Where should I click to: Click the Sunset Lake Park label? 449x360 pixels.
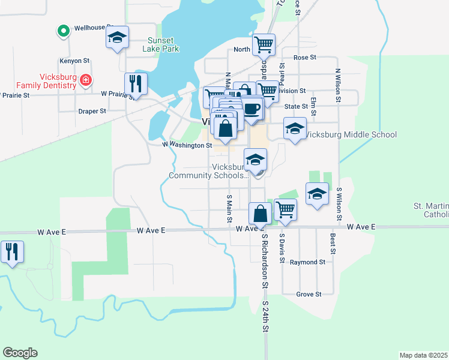(163, 45)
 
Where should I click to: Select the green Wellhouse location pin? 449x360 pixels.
(63, 30)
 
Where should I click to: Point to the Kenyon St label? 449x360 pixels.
(74, 61)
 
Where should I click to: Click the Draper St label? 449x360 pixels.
(92, 111)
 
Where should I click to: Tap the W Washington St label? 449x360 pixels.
(187, 145)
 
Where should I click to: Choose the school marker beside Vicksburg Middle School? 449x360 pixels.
(295, 128)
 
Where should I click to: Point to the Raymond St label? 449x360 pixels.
(307, 262)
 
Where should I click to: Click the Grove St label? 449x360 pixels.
(310, 294)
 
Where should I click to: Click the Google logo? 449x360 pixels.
(20, 353)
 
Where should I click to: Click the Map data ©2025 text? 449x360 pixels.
(423, 355)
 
